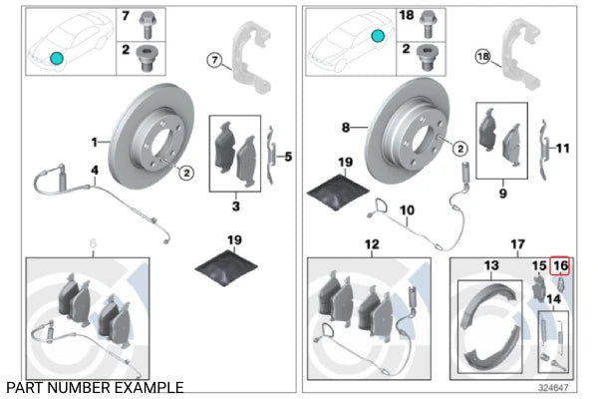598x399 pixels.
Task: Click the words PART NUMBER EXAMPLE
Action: (95, 386)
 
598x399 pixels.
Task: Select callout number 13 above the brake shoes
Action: (490, 265)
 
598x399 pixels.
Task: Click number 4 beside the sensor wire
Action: (95, 171)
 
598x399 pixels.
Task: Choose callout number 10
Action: (407, 210)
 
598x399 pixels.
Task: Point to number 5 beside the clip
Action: (288, 156)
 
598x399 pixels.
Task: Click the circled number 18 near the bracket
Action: (483, 57)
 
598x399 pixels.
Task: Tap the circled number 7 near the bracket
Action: (212, 61)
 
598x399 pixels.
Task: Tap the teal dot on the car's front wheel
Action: (57, 60)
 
